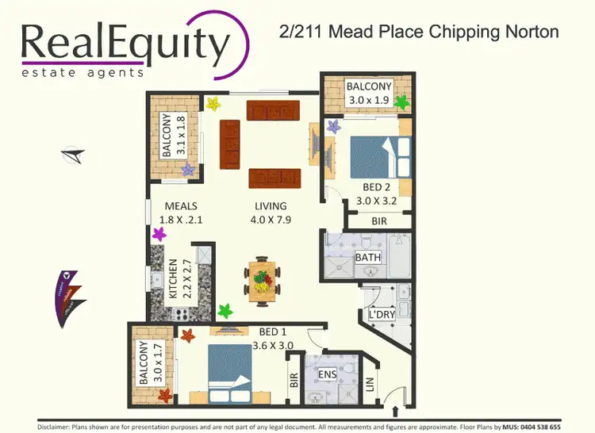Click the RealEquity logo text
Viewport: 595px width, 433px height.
(125, 44)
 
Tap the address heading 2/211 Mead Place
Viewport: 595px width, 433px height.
(420, 32)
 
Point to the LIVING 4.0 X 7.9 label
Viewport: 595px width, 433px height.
(270, 213)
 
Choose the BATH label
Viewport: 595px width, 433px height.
(368, 258)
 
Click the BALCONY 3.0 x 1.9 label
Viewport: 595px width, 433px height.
(370, 94)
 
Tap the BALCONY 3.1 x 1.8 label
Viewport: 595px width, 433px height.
(174, 135)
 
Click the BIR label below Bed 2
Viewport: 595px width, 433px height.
(379, 222)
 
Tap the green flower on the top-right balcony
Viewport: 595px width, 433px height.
(401, 102)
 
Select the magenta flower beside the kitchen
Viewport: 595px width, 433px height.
(159, 234)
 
